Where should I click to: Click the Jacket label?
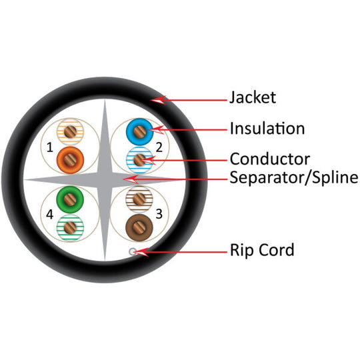pyautogui.click(x=252, y=98)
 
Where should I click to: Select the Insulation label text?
pyautogui.click(x=267, y=128)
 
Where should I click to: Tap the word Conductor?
pyautogui.click(x=269, y=159)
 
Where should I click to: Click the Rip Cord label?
pyautogui.click(x=261, y=251)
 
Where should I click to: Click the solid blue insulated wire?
pyautogui.click(x=139, y=131)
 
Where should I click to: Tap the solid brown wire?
pyautogui.click(x=139, y=225)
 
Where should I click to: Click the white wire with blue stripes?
pyautogui.click(x=139, y=159)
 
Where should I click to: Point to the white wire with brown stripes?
pyautogui.click(x=139, y=198)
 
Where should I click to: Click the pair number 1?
pyautogui.click(x=49, y=145)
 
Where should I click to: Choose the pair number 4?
pyautogui.click(x=49, y=213)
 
